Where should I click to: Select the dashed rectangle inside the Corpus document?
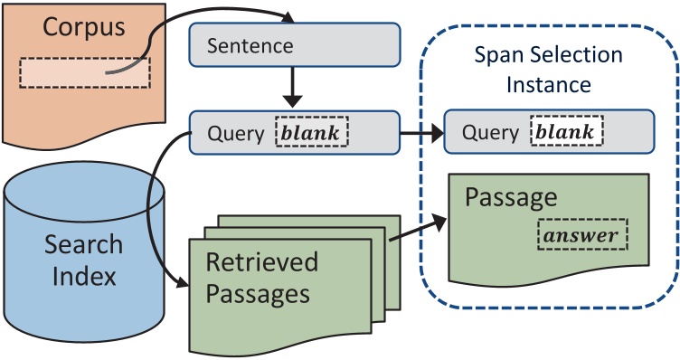(86, 72)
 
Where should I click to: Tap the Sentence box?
(294, 44)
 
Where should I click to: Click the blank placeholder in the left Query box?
(311, 134)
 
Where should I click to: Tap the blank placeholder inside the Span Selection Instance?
(566, 134)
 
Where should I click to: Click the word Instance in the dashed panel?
(548, 86)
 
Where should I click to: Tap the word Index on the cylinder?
(84, 275)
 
